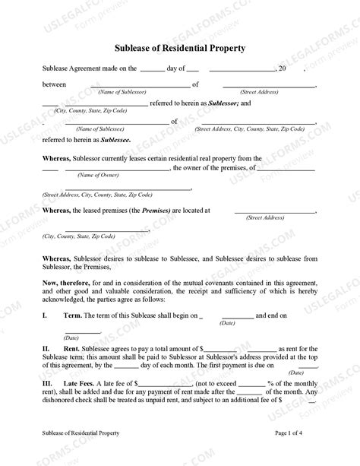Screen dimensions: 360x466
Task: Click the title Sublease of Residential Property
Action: (x=180, y=48)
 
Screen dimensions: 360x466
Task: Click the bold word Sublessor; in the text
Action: (x=223, y=103)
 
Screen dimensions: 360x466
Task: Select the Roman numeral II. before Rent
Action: (x=47, y=347)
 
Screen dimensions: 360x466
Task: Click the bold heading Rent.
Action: (x=71, y=347)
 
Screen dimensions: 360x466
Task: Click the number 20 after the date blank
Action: (x=282, y=69)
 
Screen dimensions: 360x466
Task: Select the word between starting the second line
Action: (x=54, y=84)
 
